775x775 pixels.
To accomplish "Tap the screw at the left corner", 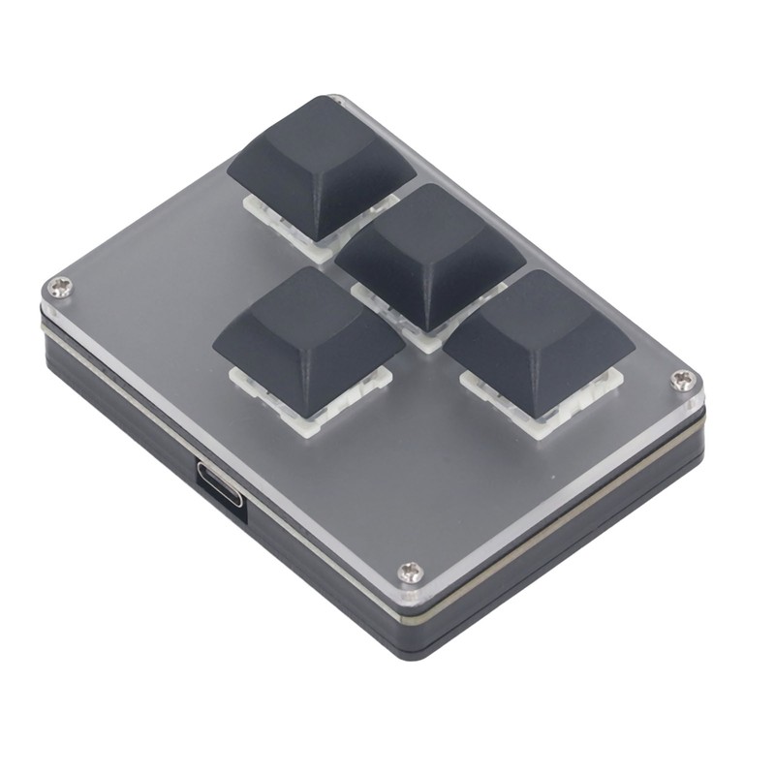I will coord(61,286).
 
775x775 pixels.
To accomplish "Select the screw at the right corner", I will coord(684,380).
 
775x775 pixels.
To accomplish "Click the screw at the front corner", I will coord(411,573).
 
